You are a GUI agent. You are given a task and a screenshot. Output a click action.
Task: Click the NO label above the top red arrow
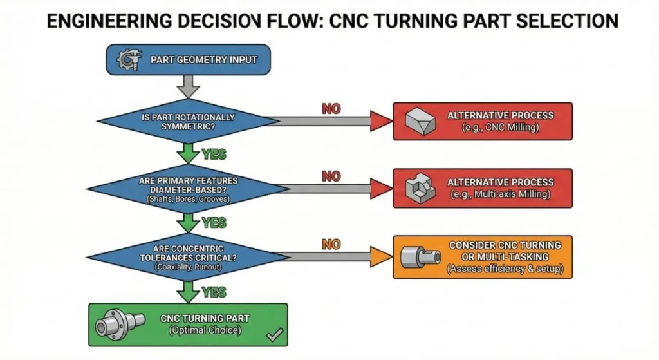331,108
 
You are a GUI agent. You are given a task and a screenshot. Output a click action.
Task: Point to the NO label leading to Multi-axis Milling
331,176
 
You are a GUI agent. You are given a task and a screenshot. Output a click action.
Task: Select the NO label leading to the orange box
331,244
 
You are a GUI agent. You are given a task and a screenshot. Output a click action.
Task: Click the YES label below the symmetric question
214,155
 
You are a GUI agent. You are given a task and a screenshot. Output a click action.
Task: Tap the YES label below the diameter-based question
214,222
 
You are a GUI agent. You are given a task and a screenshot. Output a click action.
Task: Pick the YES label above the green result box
214,292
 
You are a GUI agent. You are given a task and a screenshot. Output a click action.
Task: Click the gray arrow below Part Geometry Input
187,84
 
